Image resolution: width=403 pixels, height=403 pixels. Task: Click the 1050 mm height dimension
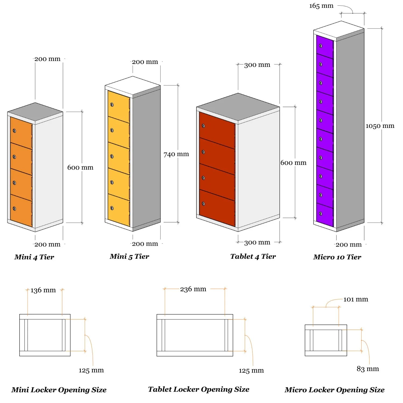(380, 126)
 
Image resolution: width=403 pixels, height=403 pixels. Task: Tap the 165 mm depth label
(321, 6)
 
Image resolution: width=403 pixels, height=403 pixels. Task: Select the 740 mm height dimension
(176, 154)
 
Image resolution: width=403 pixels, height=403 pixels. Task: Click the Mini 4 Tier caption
(34, 257)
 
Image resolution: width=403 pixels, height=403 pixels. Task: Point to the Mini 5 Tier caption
(129, 257)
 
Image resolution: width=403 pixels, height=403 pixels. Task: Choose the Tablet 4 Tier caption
(253, 257)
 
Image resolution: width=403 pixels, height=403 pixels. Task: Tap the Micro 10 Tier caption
(337, 257)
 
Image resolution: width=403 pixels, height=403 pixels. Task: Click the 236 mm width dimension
(193, 289)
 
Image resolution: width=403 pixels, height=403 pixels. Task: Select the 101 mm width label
(355, 299)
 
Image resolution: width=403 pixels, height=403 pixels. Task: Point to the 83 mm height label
(368, 369)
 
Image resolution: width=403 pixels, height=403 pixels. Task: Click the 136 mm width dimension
(43, 290)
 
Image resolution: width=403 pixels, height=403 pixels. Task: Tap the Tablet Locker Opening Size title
(199, 389)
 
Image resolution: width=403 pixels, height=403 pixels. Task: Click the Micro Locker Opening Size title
(334, 390)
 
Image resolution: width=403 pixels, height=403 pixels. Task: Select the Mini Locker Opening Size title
(59, 390)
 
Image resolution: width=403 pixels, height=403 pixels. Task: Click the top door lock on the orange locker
(15, 131)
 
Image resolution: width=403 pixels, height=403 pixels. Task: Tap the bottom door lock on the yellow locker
(112, 208)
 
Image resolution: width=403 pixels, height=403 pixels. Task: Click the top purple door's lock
(321, 46)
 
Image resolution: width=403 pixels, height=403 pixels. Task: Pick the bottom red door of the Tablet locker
(217, 208)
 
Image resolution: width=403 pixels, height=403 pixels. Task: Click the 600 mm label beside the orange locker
(80, 168)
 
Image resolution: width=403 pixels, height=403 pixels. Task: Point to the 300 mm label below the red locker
(257, 243)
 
